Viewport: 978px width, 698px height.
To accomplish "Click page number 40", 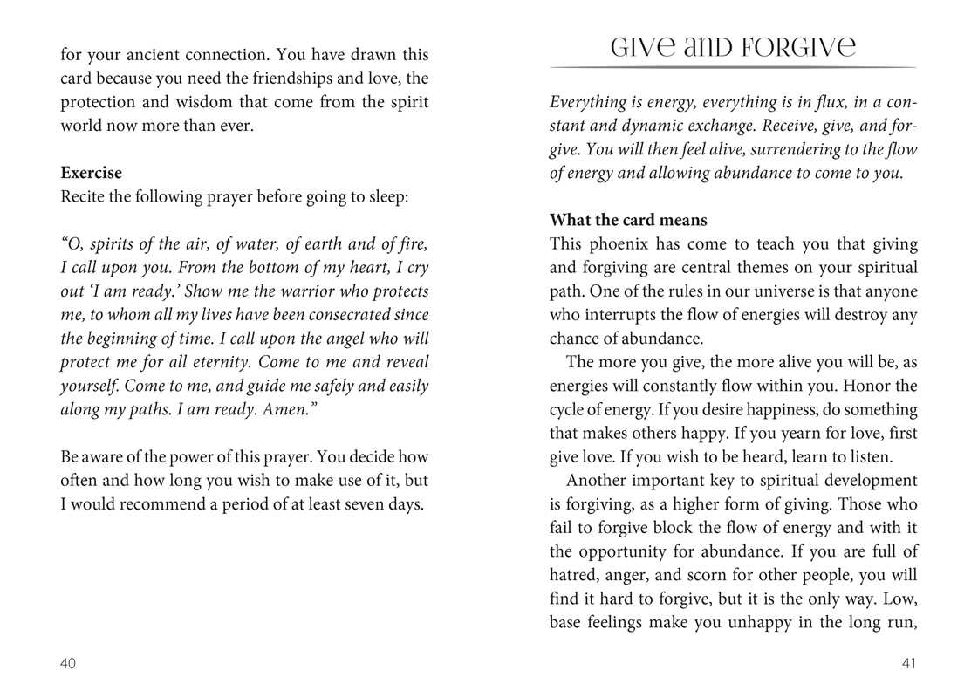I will (x=68, y=664).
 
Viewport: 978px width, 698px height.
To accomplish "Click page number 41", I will (x=908, y=664).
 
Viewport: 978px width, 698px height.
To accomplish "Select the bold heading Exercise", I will (x=91, y=173).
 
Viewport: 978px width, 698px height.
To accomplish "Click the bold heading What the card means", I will (x=628, y=220).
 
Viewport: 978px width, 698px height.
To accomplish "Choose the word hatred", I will (x=575, y=576).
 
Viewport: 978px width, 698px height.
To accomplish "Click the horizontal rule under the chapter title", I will (x=733, y=67).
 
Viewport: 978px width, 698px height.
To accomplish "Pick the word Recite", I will (x=83, y=196).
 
